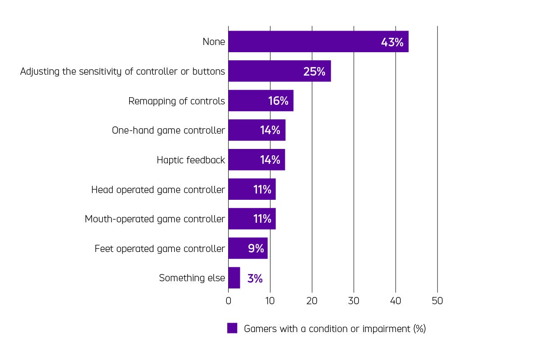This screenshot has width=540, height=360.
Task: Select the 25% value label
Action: pos(314,72)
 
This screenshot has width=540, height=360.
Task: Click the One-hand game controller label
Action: pos(168,130)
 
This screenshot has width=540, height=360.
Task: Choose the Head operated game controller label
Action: pos(158,190)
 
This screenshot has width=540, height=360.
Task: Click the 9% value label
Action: pos(256,248)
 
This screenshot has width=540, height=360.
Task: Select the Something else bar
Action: pos(234,278)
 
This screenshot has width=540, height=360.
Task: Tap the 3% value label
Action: pos(255,279)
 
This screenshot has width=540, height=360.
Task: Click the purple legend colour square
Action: pos(232,328)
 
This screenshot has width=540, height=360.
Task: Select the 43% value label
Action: pos(392,42)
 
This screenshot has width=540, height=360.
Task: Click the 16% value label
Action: pos(278,101)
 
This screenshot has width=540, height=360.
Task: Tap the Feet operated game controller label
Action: pos(160,249)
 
